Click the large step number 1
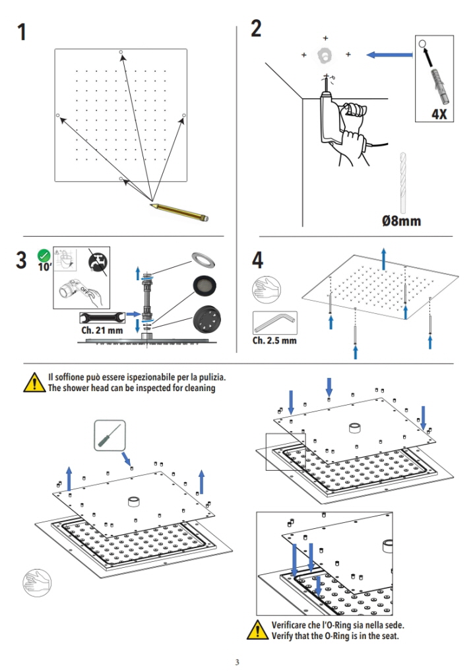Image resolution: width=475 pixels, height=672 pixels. coord(22,31)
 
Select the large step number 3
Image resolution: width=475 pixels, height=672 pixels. coord(23,260)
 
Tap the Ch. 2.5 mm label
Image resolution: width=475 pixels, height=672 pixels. coord(274,341)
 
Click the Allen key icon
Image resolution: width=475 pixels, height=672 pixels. coord(274,323)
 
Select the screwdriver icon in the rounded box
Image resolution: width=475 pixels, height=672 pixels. coord(109,435)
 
